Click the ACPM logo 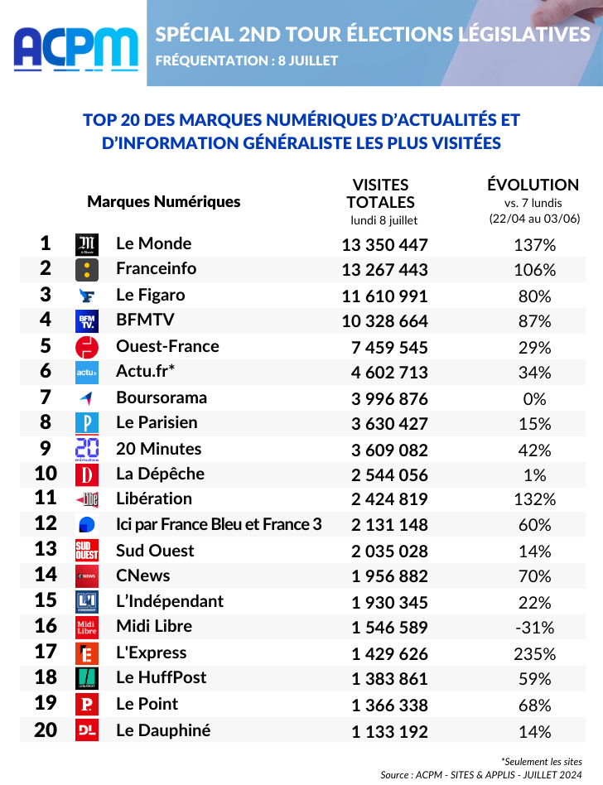[76, 49]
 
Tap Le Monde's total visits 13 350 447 [384, 245]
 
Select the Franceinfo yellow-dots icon [87, 270]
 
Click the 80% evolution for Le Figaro [534, 296]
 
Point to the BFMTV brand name [145, 320]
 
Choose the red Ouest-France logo [87, 348]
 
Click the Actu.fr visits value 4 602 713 [389, 373]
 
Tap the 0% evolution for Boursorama [534, 399]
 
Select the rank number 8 [46, 422]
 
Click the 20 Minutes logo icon [87, 449]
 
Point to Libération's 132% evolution [534, 499]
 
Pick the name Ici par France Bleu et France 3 [219, 524]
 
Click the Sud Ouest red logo [87, 550]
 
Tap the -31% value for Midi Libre [534, 628]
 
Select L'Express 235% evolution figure [534, 654]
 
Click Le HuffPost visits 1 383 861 [389, 679]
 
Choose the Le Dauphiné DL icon [87, 730]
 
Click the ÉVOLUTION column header [533, 185]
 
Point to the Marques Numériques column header [164, 201]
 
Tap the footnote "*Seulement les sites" [542, 762]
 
